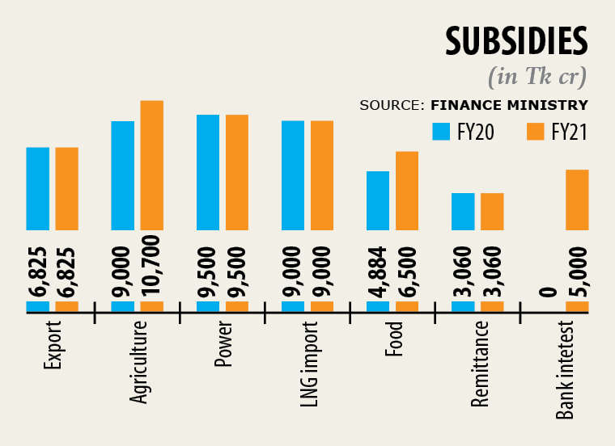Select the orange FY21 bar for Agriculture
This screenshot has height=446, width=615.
point(152,166)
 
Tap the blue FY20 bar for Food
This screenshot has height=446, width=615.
point(378,200)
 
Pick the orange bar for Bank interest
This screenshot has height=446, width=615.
point(577,200)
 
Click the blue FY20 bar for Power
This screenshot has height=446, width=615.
point(208,172)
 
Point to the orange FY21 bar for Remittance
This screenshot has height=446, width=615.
point(492,212)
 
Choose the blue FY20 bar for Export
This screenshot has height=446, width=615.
point(38,188)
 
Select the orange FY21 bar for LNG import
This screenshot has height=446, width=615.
point(322,175)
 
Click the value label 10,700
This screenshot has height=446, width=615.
point(152,265)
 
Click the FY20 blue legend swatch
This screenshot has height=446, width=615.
point(441,132)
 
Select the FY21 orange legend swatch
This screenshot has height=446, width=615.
point(535,132)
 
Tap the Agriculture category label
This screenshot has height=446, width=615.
point(138,361)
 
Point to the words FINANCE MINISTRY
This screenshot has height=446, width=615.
point(509,105)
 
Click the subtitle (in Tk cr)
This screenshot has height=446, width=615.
point(537,77)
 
